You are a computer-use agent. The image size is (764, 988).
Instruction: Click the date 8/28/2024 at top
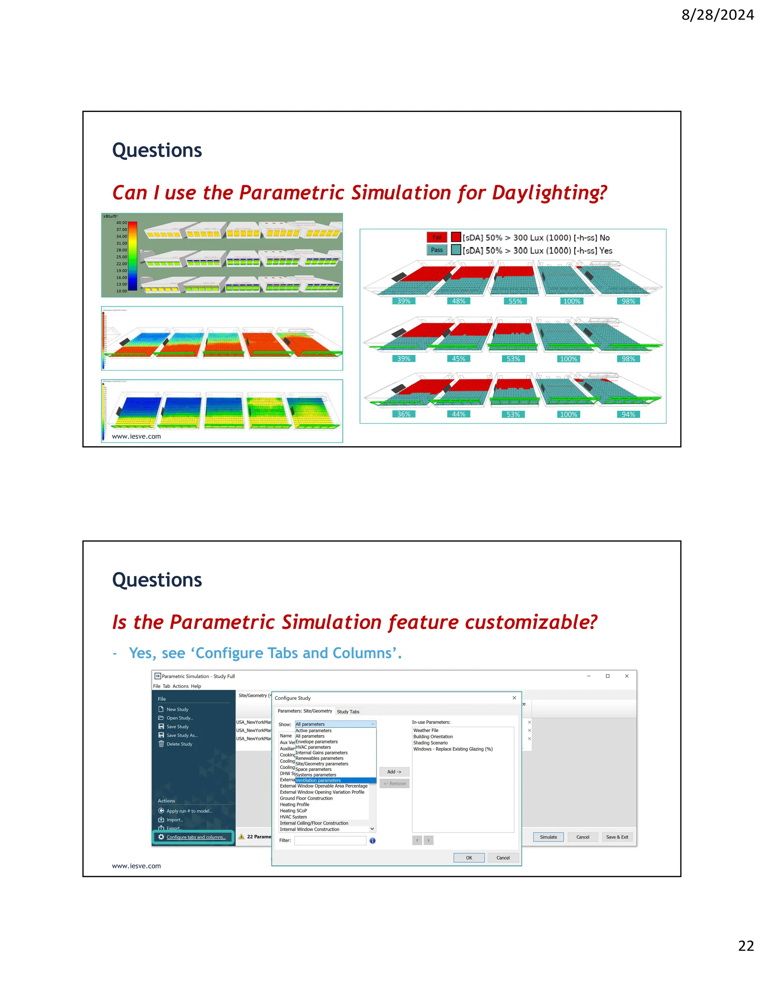pos(717,15)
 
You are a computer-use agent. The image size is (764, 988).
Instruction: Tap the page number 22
pos(745,945)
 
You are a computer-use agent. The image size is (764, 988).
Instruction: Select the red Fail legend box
pos(437,237)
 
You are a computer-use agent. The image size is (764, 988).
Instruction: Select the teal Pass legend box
pos(437,250)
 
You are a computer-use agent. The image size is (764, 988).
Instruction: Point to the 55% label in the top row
pos(515,301)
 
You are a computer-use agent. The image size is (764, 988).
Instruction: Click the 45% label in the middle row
pos(458,359)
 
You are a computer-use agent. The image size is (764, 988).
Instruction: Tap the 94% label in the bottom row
pos(628,414)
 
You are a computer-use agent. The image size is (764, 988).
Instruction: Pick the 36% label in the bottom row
pos(404,414)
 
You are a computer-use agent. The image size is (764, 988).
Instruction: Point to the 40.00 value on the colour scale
pos(121,223)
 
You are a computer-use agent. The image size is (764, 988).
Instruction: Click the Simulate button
pos(548,837)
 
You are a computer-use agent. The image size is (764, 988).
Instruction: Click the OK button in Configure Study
pos(469,858)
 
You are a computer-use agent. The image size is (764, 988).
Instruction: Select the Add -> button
pos(394,772)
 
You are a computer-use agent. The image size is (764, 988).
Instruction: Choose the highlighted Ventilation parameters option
pos(318,780)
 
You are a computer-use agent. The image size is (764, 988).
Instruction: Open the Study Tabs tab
pos(348,712)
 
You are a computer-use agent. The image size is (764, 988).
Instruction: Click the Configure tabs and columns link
pos(195,837)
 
